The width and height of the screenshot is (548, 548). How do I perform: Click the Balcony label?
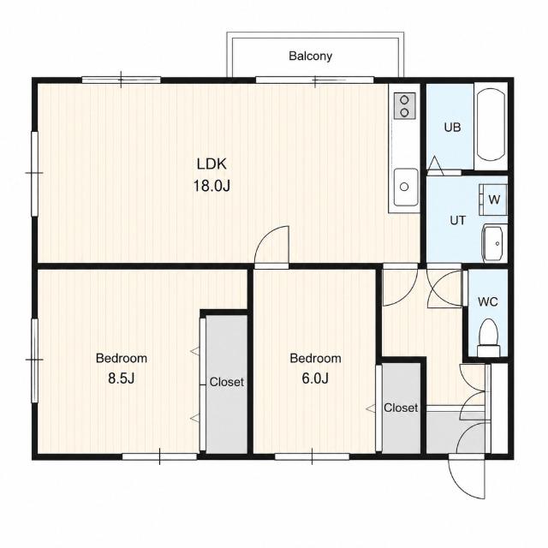pyautogui.click(x=310, y=56)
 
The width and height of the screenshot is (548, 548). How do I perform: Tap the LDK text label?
pyautogui.click(x=211, y=164)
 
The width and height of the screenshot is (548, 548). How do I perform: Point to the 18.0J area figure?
pyautogui.click(x=211, y=186)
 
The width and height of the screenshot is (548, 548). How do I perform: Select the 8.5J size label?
pyautogui.click(x=121, y=378)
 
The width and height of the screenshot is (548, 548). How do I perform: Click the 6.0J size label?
pyautogui.click(x=315, y=378)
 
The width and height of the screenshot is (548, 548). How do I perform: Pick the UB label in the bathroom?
pyautogui.click(x=452, y=128)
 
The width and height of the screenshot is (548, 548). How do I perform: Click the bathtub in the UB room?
pyautogui.click(x=491, y=124)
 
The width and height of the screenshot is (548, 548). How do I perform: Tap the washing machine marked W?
pyautogui.click(x=493, y=200)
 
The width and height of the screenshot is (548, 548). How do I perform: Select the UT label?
pyautogui.click(x=457, y=221)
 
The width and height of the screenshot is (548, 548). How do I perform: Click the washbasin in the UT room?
pyautogui.click(x=493, y=243)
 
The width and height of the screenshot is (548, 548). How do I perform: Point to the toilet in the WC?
pyautogui.click(x=489, y=337)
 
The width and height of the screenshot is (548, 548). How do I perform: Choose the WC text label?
pyautogui.click(x=487, y=301)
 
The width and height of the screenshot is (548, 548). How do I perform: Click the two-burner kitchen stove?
pyautogui.click(x=405, y=106)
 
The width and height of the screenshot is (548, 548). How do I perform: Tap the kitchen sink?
pyautogui.click(x=405, y=187)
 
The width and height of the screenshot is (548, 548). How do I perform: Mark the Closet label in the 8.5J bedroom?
pyautogui.click(x=226, y=382)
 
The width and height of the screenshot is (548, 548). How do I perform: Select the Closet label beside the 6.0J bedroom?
pyautogui.click(x=401, y=408)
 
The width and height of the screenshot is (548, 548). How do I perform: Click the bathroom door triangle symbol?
pyautogui.click(x=435, y=165)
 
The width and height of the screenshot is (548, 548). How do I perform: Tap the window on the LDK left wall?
pyautogui.click(x=34, y=173)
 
